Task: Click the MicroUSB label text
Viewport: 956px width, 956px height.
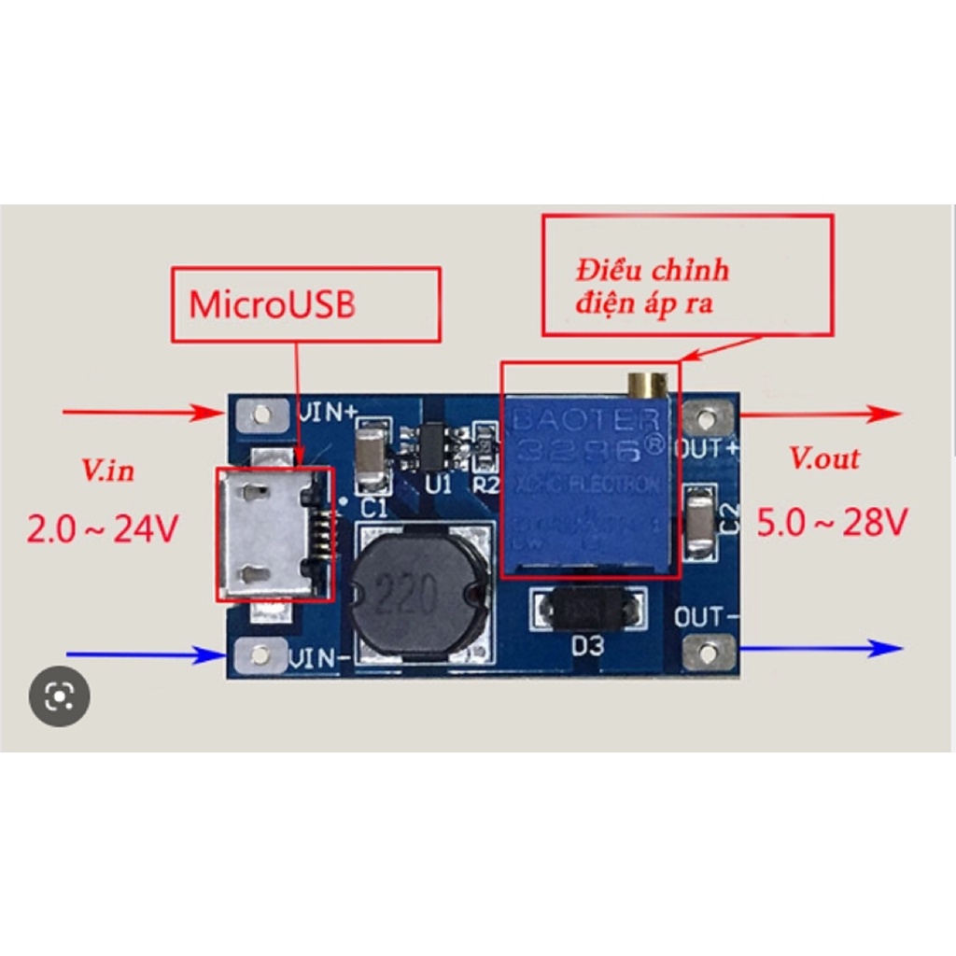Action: (x=273, y=305)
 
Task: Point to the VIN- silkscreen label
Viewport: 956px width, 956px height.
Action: (x=320, y=659)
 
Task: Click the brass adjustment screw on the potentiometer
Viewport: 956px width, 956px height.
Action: (x=647, y=384)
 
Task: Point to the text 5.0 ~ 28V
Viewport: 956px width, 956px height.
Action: (x=831, y=524)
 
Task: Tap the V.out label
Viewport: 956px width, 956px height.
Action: (x=824, y=458)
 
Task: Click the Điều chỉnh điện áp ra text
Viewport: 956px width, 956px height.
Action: (x=652, y=288)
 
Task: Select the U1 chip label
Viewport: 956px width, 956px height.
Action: (x=437, y=485)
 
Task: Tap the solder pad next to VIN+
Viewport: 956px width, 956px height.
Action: (x=261, y=413)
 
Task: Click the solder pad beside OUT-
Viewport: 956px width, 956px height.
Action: (x=710, y=651)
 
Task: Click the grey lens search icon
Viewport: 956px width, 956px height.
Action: (x=60, y=696)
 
